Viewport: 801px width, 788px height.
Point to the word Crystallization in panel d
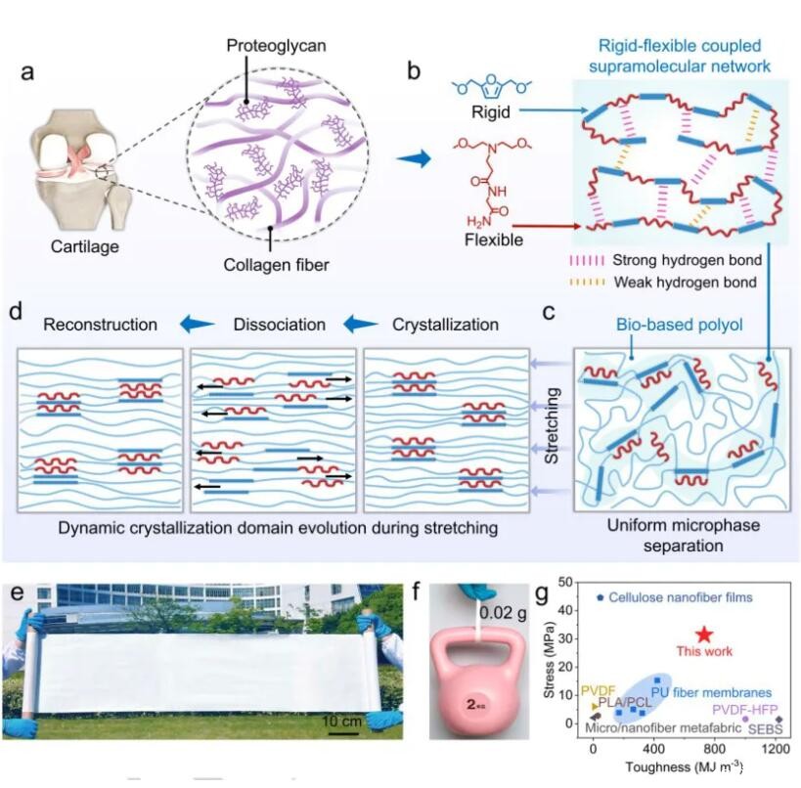(445, 324)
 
